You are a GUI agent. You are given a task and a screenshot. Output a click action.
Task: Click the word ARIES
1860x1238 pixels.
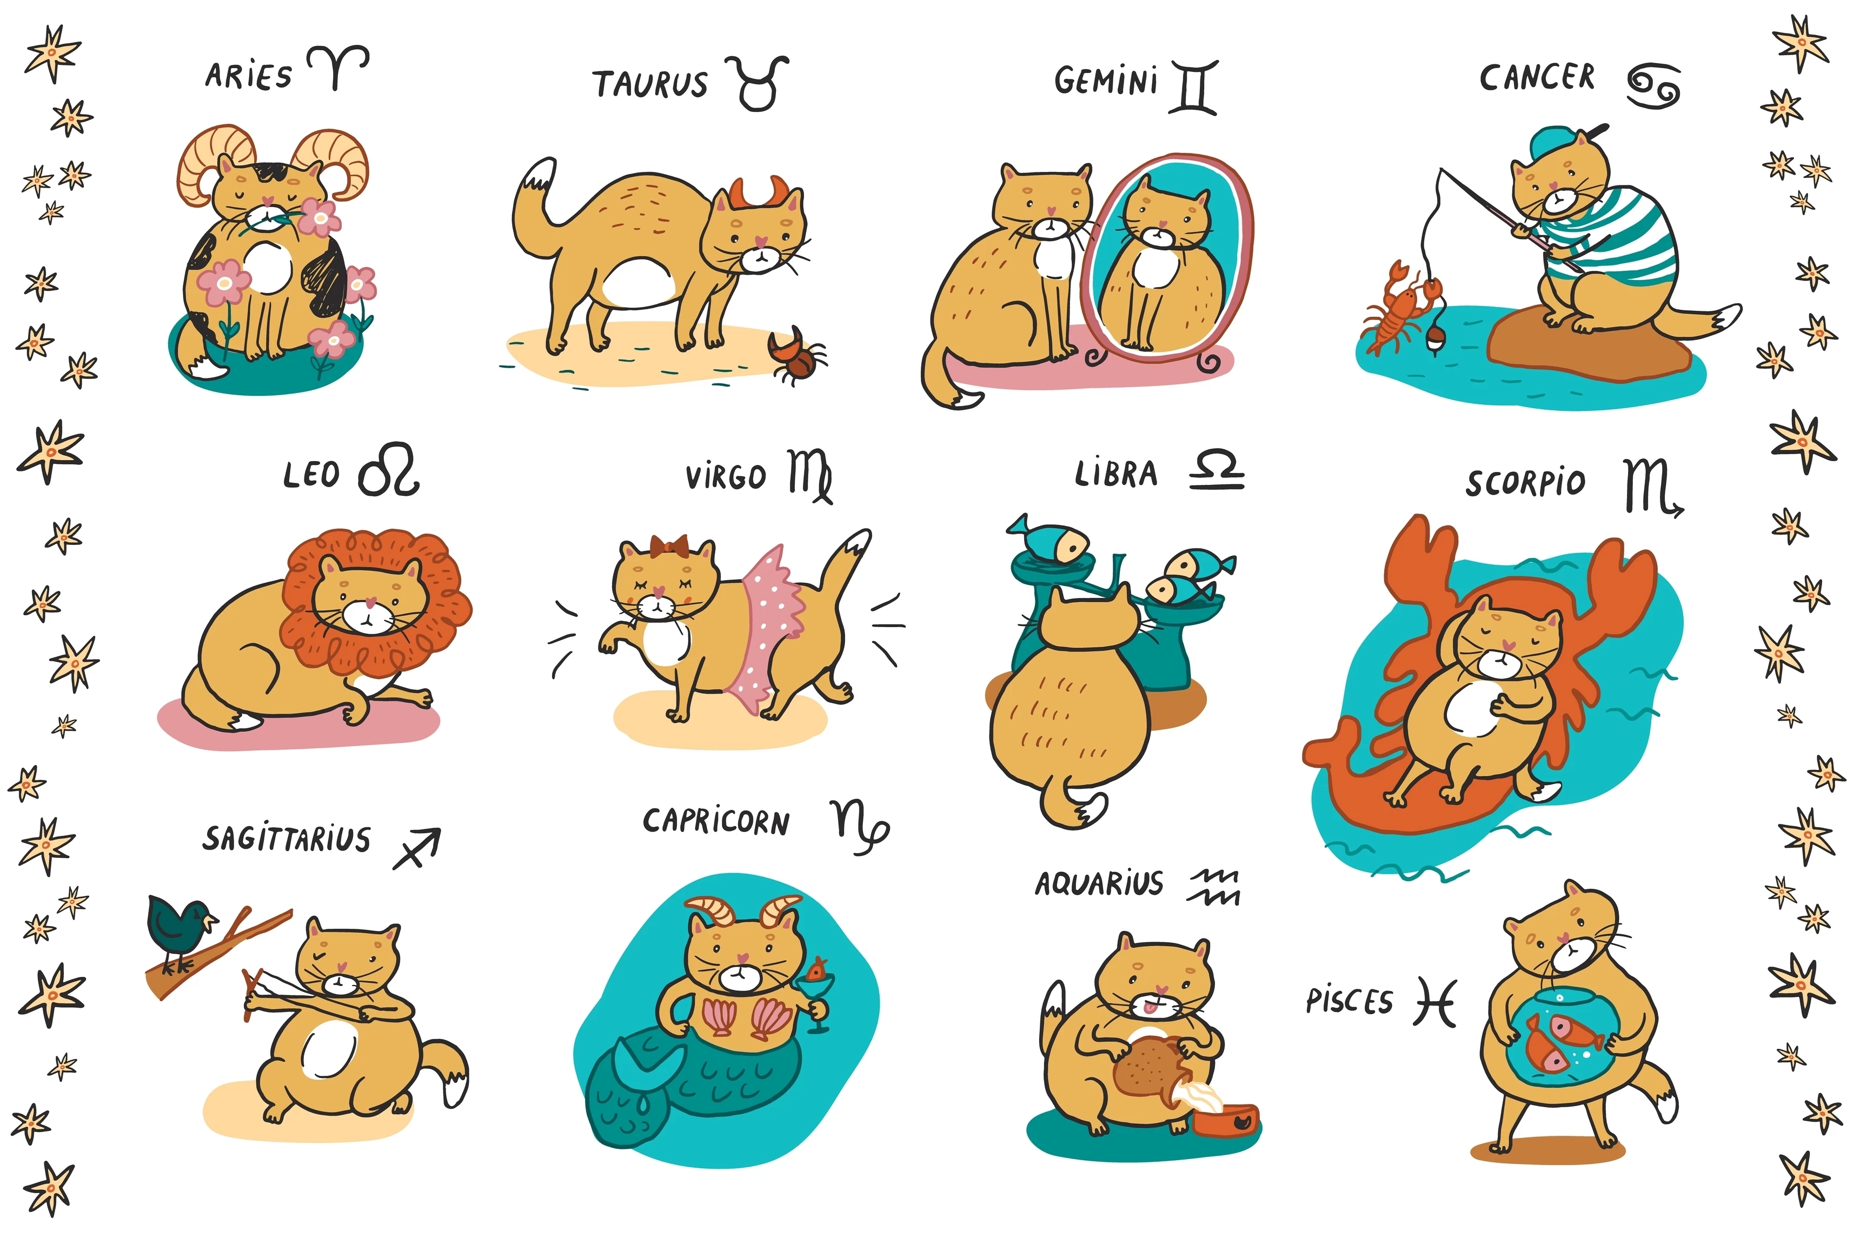[248, 76]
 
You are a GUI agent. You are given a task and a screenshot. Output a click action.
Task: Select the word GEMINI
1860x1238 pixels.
[1106, 81]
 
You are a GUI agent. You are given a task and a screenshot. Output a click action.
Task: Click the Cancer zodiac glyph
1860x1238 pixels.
[1653, 86]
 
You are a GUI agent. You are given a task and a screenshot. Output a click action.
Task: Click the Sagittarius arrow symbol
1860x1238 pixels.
[417, 849]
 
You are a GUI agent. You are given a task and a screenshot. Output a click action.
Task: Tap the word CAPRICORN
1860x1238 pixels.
[715, 821]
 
